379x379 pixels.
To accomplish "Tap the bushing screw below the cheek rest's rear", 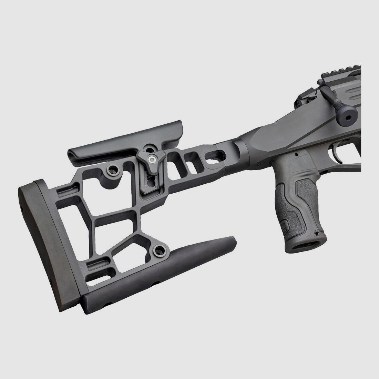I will coord(112,169).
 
